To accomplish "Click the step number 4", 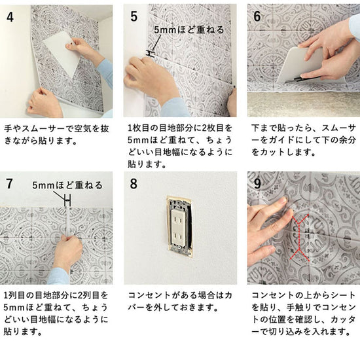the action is click(10, 17).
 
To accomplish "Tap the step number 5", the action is click(134, 16).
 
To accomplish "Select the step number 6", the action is click(257, 16).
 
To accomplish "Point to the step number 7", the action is click(9, 184).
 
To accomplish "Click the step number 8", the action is click(134, 184).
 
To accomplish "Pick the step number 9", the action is click(258, 184).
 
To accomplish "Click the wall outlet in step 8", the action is click(180, 226).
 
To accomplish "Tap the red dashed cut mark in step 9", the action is click(300, 238).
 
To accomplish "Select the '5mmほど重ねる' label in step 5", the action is click(189, 30).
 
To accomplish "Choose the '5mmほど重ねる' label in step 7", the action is click(67, 185).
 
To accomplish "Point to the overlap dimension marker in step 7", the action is click(67, 201).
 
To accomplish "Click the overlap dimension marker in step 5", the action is click(151, 54).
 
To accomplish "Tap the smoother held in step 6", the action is click(298, 65).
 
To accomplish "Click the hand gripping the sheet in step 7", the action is click(67, 253).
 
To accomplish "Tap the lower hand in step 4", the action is click(45, 102).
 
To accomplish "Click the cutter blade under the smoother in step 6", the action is click(296, 79).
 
